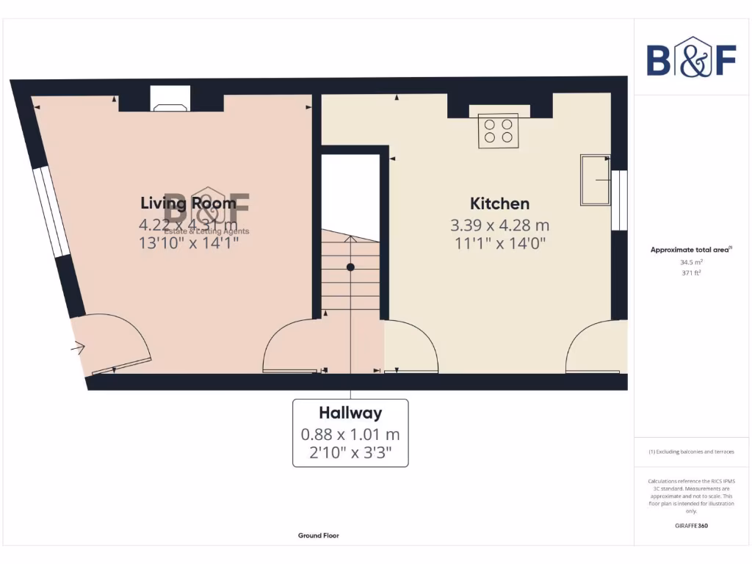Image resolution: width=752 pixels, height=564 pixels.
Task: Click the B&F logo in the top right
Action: tap(691, 57)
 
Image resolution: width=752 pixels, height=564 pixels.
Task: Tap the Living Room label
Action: tap(189, 203)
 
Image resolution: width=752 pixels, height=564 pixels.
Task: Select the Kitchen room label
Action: tap(499, 203)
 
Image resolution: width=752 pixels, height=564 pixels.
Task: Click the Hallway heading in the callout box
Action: tap(350, 412)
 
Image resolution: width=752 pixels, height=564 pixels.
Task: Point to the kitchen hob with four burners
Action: tap(498, 131)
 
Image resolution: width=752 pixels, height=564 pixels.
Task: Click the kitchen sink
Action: tap(595, 179)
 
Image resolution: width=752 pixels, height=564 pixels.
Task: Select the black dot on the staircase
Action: tap(350, 267)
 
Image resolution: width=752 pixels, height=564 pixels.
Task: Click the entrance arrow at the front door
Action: tap(77, 348)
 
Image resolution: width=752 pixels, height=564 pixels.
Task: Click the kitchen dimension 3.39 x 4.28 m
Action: tap(499, 225)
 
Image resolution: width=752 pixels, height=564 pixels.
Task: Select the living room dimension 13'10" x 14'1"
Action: tap(189, 242)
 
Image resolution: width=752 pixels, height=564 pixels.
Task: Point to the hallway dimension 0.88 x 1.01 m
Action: tap(350, 435)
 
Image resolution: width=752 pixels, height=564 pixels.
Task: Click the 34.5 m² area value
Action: tap(691, 261)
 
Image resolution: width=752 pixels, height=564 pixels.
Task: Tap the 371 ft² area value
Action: tap(691, 272)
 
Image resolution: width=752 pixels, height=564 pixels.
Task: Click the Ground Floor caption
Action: tap(318, 536)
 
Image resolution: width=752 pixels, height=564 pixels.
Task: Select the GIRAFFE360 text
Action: tap(691, 526)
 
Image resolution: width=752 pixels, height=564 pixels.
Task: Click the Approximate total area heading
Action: tap(690, 250)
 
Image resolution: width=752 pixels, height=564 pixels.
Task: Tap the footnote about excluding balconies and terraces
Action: tap(691, 452)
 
